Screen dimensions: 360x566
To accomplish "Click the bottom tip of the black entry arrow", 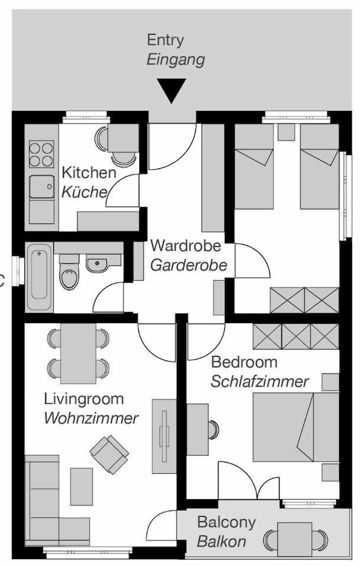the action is click(172, 103).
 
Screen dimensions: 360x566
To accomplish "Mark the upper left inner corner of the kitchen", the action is click(24, 124).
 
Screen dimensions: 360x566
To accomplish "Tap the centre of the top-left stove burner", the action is click(35, 148).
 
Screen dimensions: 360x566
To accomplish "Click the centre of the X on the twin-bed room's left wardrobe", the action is click(288, 300).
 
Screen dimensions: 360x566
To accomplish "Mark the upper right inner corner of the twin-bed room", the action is click(339, 124).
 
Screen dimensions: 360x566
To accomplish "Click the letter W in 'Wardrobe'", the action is click(157, 246).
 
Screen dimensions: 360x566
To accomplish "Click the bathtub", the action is click(40, 277).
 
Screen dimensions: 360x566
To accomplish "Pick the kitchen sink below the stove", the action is click(42, 187).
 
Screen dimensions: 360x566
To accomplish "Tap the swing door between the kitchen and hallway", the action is click(122, 191).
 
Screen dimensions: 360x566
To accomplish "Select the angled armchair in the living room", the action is click(109, 454).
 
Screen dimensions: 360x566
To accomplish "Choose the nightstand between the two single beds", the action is click(286, 132).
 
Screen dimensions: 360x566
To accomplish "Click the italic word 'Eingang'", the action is click(176, 60).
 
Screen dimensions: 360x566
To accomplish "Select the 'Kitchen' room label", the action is click(89, 173).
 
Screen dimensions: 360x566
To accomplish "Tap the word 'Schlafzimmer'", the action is click(260, 381).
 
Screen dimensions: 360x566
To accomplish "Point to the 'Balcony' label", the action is click(227, 522).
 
